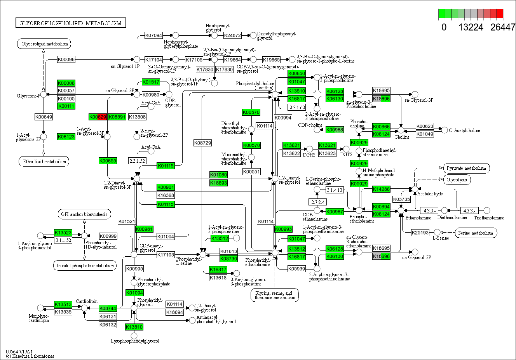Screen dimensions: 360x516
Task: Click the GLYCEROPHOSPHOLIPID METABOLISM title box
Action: (x=70, y=23)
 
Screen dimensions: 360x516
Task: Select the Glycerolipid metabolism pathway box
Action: (x=44, y=44)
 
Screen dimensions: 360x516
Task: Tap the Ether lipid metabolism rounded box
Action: (x=44, y=161)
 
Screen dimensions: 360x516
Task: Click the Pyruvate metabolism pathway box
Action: (x=466, y=168)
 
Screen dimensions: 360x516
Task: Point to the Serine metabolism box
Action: (x=475, y=233)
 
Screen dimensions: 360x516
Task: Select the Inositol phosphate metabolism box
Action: (x=85, y=266)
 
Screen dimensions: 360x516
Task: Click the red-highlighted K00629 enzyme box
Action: (x=97, y=117)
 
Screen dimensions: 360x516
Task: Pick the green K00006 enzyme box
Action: (x=66, y=83)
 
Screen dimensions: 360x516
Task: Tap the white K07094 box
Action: (x=153, y=35)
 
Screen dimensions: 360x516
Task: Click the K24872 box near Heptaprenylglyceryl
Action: (x=232, y=35)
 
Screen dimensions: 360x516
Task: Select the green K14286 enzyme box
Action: (x=381, y=189)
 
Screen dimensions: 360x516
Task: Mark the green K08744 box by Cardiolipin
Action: (x=108, y=308)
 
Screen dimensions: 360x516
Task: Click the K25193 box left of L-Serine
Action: (x=420, y=233)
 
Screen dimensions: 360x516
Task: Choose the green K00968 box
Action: (x=335, y=130)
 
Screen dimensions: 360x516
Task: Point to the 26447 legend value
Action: (x=502, y=27)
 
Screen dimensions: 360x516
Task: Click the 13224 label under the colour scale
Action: (x=471, y=27)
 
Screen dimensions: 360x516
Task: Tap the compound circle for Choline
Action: (x=401, y=130)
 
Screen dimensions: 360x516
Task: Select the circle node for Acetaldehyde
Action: (x=415, y=189)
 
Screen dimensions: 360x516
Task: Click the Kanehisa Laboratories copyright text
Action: (x=30, y=356)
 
